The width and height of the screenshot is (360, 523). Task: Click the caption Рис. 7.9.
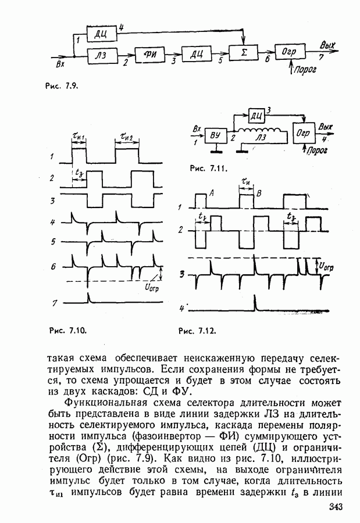(x=61, y=85)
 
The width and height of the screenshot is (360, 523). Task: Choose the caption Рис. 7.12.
(x=197, y=331)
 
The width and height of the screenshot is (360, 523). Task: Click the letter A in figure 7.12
(x=211, y=196)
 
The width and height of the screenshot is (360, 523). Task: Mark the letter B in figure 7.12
(x=259, y=193)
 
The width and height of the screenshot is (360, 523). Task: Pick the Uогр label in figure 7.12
(x=327, y=266)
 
